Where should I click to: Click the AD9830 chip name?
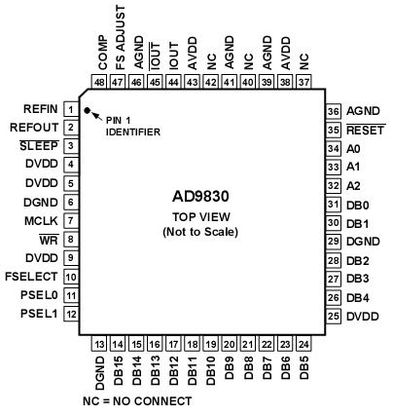[205, 194]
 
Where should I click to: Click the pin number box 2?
[71, 127]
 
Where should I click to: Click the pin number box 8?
[71, 239]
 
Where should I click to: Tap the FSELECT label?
[34, 277]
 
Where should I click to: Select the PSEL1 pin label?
[41, 314]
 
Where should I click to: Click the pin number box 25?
[333, 316]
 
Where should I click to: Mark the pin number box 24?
[304, 343]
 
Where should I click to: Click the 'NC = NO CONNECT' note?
[138, 400]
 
